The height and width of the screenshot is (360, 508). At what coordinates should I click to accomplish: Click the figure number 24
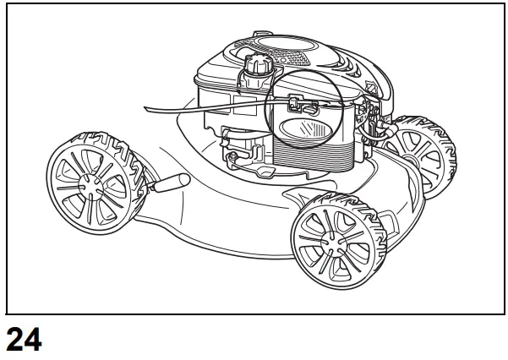coord(22,341)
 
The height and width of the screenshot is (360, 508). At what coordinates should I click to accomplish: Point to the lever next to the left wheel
coord(170,183)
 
